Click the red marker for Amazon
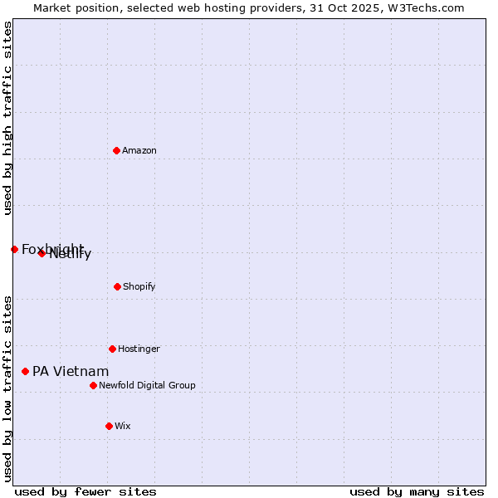(116, 150)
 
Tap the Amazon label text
(139, 150)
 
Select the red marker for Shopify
(117, 286)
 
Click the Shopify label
(139, 286)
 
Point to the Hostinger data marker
(112, 349)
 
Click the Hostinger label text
(139, 349)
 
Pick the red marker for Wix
(109, 426)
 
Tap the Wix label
(123, 426)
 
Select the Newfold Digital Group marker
(93, 385)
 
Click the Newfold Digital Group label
(147, 385)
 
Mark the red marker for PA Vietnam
(25, 371)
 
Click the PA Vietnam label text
(71, 371)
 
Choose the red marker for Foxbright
(14, 249)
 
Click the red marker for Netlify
(41, 253)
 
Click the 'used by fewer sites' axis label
(85, 491)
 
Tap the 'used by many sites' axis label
(417, 491)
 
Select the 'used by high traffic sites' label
(7, 118)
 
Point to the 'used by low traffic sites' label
(7, 388)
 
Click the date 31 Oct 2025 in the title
(345, 7)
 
